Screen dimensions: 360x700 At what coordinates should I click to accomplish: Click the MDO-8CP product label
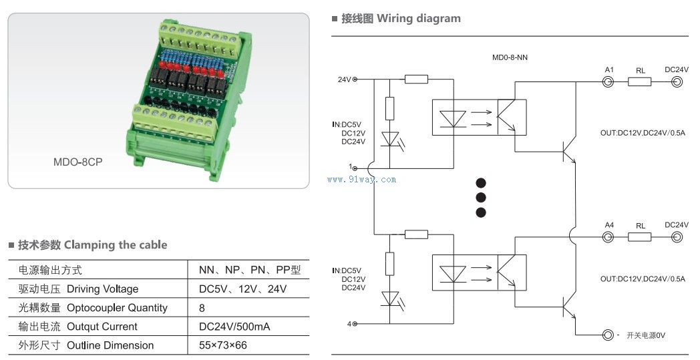pyautogui.click(x=81, y=162)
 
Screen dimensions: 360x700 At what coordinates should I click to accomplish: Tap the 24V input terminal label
pyautogui.click(x=344, y=80)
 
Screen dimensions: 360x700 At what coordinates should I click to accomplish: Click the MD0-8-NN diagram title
pyautogui.click(x=510, y=58)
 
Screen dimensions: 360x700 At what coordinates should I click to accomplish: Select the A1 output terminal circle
pyautogui.click(x=608, y=82)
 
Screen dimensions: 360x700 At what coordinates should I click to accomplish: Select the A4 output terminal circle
pyautogui.click(x=608, y=237)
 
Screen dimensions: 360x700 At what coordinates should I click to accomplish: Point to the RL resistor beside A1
pyautogui.click(x=640, y=82)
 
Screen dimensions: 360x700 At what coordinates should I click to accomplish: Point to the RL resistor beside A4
pyautogui.click(x=640, y=237)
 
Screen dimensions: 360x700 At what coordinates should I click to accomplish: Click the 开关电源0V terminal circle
pyautogui.click(x=608, y=335)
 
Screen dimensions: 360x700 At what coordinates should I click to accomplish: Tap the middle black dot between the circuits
pyautogui.click(x=480, y=198)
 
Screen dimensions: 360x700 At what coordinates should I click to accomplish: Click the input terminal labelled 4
pyautogui.click(x=355, y=324)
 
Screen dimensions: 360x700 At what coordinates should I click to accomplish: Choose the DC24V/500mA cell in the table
pyautogui.click(x=234, y=327)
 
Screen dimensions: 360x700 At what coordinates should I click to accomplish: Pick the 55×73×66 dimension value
pyautogui.click(x=223, y=345)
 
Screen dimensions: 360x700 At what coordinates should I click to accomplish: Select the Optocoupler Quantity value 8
pyautogui.click(x=202, y=308)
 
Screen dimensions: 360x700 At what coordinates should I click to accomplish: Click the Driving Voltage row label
pyautogui.click(x=79, y=289)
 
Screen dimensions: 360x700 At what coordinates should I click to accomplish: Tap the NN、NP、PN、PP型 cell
pyautogui.click(x=250, y=271)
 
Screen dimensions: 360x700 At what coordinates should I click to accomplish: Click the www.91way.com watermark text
pyautogui.click(x=362, y=180)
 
